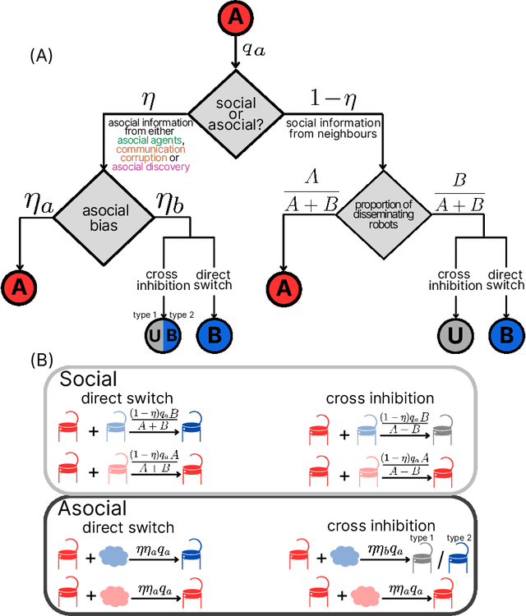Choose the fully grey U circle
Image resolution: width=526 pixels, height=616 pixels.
coord(454,337)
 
